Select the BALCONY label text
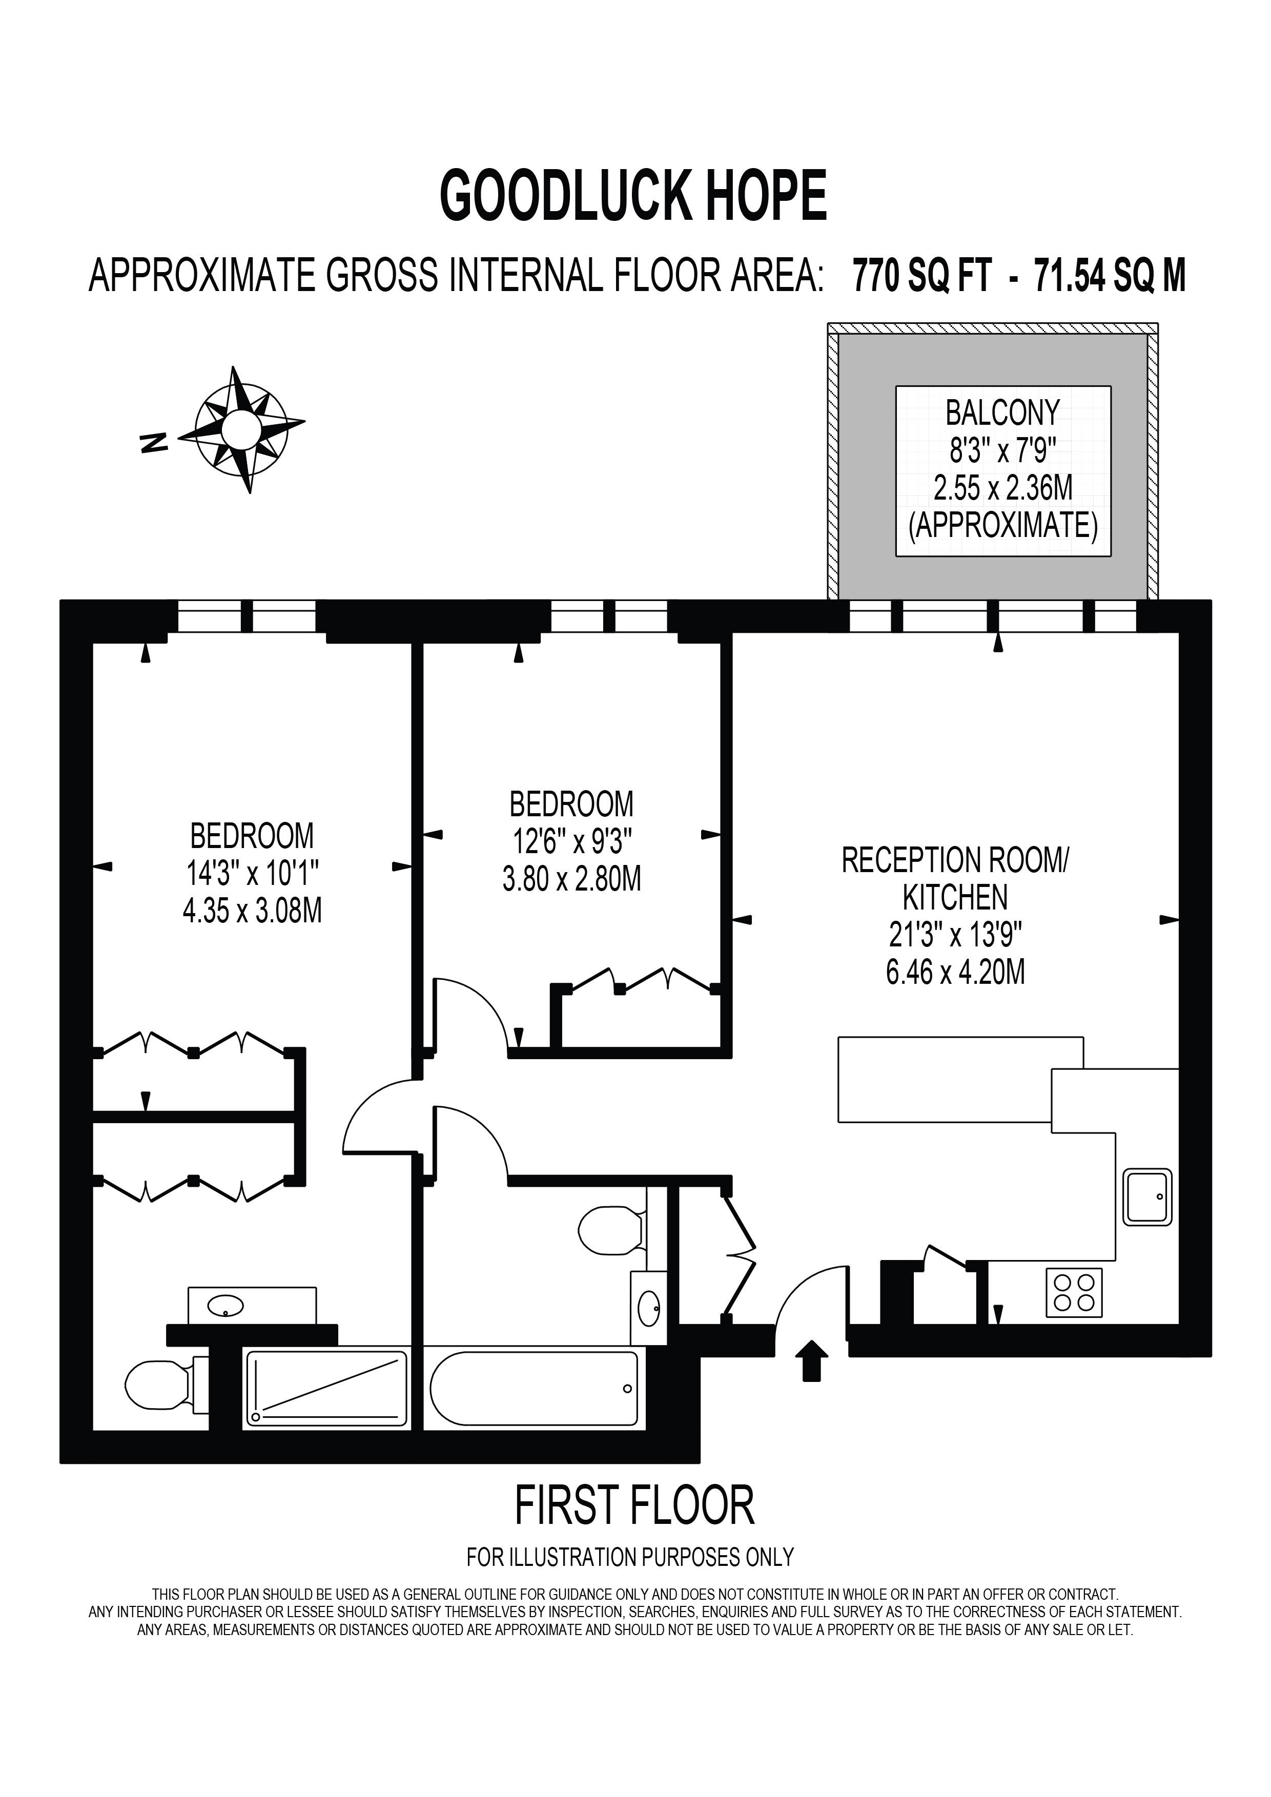pos(1002,412)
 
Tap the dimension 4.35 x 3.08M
pos(252,911)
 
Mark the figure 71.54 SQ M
pos(1110,276)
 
